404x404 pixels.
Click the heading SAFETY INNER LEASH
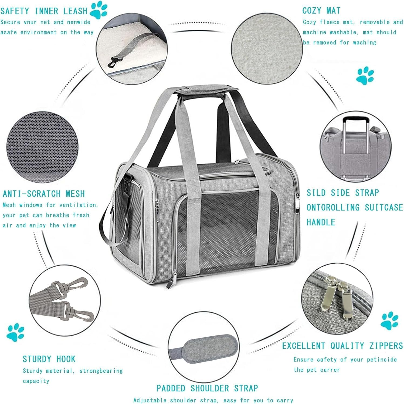click(44, 11)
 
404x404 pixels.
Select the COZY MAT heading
click(321, 11)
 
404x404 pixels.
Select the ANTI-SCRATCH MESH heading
click(44, 194)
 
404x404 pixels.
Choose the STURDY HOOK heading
click(49, 359)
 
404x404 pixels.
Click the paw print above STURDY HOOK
click(17, 332)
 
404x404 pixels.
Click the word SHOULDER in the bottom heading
click(209, 388)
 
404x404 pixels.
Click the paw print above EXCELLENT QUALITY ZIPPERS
click(389, 321)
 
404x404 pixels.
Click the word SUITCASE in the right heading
click(384, 207)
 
